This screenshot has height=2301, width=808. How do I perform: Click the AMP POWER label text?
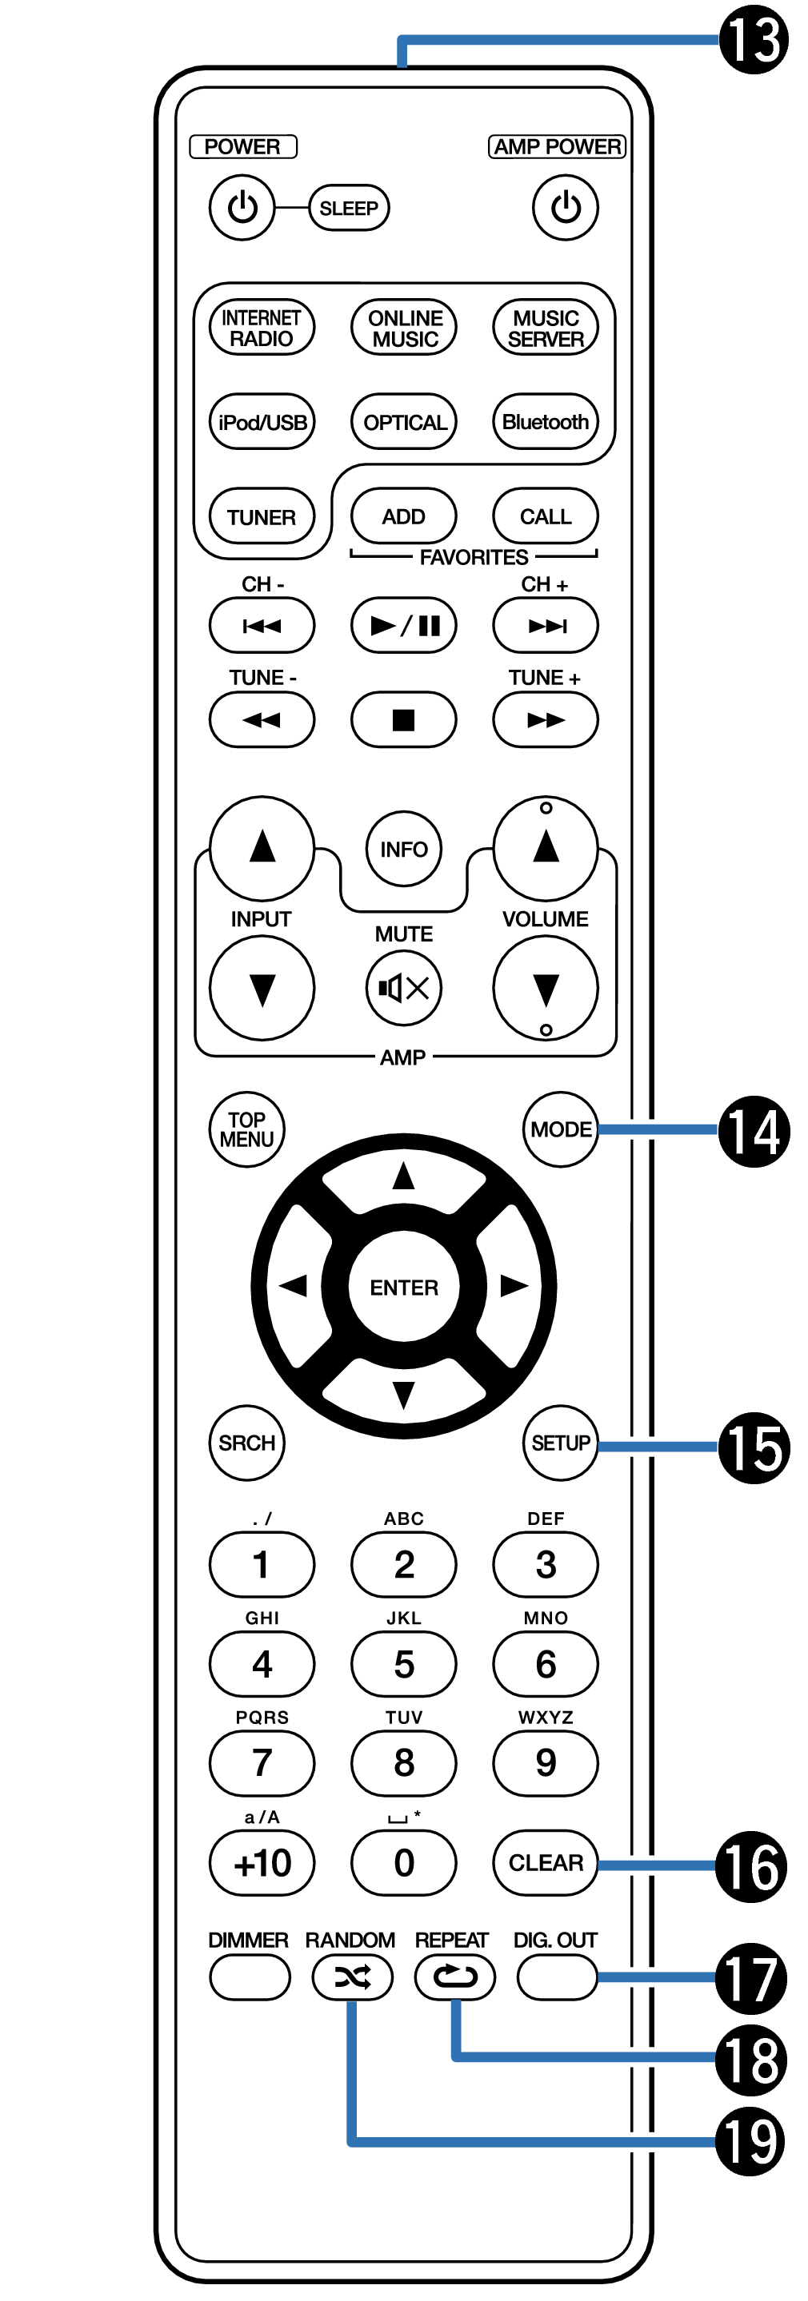point(558,146)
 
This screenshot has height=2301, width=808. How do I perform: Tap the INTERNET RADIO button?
point(262,328)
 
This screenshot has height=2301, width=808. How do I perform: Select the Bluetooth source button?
point(546,422)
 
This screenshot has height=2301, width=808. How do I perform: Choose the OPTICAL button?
point(404,422)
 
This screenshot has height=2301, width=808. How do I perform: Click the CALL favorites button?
point(546,516)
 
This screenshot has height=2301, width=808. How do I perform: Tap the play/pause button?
point(404,625)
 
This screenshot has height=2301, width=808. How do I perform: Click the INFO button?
point(404,849)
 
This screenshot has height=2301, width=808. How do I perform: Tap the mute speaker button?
point(404,987)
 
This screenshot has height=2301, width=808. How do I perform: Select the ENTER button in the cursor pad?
point(404,1287)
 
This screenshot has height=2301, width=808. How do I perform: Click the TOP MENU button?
point(246,1130)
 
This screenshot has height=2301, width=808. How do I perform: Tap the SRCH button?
point(246,1443)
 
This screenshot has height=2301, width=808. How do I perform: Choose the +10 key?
point(262,1862)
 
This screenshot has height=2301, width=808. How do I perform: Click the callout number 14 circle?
point(754,1132)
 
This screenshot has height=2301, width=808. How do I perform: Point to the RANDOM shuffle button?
point(352,1977)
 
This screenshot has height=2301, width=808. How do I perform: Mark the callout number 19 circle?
point(750,2142)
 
